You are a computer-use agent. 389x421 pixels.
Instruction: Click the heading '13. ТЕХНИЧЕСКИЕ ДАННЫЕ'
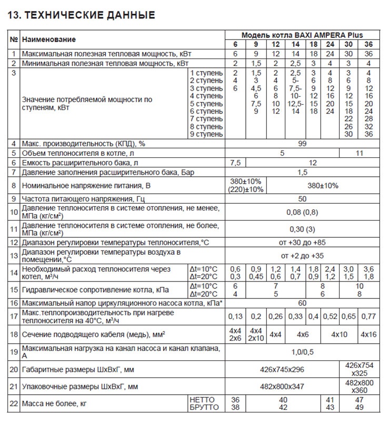82,15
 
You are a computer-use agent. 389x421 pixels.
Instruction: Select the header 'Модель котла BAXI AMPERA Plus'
302,35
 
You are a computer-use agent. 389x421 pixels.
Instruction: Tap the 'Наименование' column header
48,39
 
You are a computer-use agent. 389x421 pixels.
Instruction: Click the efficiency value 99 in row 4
302,143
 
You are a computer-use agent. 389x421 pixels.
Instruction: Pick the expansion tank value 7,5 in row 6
235,163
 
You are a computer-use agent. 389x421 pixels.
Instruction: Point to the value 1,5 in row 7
302,173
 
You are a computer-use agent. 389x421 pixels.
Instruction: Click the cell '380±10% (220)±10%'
246,186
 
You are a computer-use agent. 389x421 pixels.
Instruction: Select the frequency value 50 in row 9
302,199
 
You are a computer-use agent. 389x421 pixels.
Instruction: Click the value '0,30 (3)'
302,229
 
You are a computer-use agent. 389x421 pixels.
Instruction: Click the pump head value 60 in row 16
302,304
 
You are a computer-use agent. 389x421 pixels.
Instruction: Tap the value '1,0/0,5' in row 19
302,352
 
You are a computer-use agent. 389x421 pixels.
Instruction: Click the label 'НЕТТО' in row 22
201,400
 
